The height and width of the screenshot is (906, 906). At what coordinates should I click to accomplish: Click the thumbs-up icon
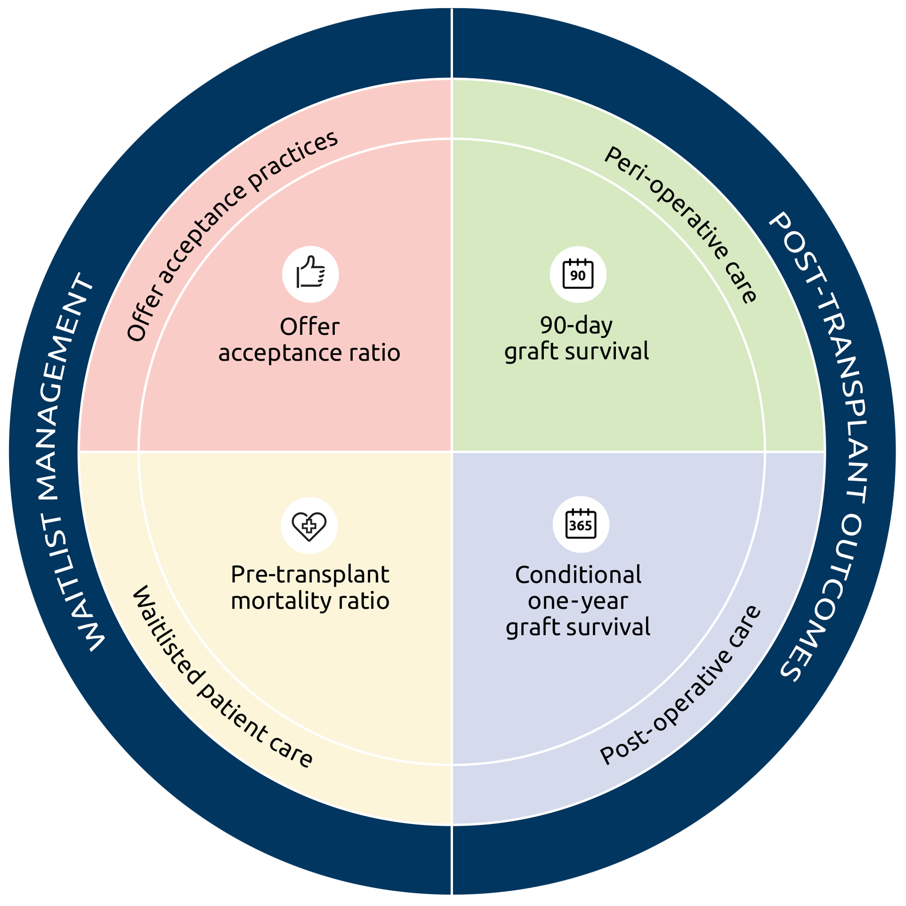pyautogui.click(x=311, y=274)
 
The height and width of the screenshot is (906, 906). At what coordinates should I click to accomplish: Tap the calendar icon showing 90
pyautogui.click(x=578, y=274)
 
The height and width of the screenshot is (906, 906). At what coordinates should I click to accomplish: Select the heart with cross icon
pyautogui.click(x=309, y=525)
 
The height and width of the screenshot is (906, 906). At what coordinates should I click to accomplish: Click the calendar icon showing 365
pyautogui.click(x=581, y=524)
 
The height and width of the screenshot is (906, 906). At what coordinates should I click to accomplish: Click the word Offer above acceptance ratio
pyautogui.click(x=310, y=327)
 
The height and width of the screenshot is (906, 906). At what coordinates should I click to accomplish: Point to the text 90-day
pyautogui.click(x=576, y=325)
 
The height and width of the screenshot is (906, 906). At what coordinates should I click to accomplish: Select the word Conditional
pyautogui.click(x=578, y=574)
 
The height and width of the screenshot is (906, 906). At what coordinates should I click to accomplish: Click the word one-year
pyautogui.click(x=578, y=601)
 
